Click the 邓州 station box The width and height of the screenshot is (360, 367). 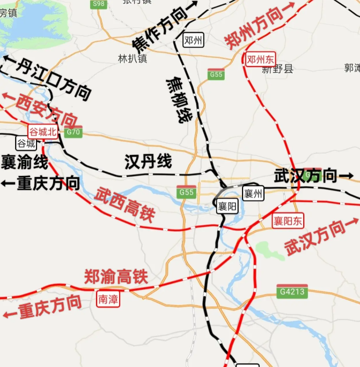tap(193, 40)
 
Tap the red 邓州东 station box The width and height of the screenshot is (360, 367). tap(261, 60)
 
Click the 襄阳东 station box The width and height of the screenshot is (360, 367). tap(288, 220)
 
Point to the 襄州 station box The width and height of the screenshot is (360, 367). tap(252, 193)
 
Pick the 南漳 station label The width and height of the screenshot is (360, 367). tap(108, 299)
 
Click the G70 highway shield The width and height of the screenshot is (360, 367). tap(73, 132)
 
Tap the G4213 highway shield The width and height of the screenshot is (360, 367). tap(292, 291)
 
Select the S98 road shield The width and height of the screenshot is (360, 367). tap(99, 4)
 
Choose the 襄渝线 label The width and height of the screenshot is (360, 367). tap(24, 161)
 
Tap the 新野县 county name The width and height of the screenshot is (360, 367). tap(277, 69)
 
